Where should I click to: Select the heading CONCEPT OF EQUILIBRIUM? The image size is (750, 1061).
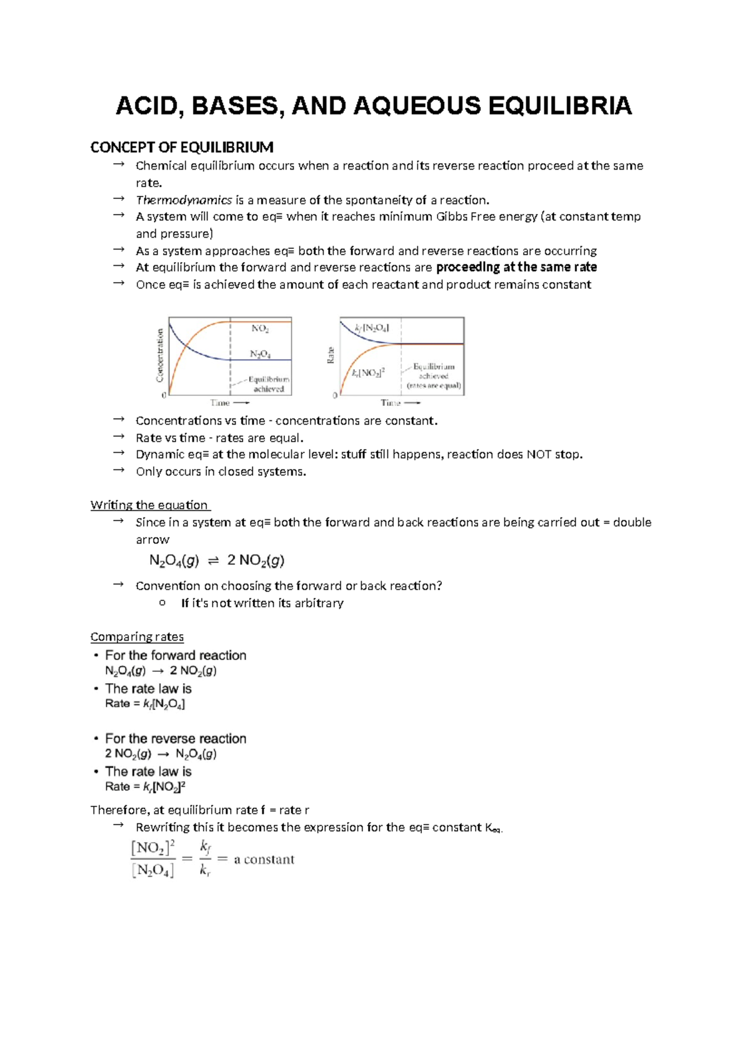[x=181, y=148]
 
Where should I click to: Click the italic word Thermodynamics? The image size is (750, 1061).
[x=184, y=200]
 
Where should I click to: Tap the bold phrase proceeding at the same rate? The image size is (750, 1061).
[x=516, y=267]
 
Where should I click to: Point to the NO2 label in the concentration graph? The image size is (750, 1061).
[x=260, y=328]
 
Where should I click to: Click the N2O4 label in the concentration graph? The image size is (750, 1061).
[x=260, y=354]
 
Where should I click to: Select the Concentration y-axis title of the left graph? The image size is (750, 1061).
[x=160, y=355]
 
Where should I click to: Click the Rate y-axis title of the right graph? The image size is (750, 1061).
[x=331, y=355]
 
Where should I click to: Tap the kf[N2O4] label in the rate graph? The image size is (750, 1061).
[x=371, y=328]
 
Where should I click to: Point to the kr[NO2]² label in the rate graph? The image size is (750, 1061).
[x=368, y=373]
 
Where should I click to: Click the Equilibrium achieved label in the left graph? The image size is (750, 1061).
[x=269, y=384]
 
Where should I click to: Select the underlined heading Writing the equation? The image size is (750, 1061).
[x=149, y=505]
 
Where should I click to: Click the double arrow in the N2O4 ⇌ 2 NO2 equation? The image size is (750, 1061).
[x=213, y=561]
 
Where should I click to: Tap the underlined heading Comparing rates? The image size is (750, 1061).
[x=137, y=637]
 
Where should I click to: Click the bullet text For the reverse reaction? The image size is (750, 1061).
[x=176, y=739]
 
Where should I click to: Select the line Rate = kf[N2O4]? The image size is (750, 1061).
[x=145, y=704]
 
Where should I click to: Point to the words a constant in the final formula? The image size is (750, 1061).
[x=264, y=860]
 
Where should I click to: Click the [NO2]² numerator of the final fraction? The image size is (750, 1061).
[x=153, y=848]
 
